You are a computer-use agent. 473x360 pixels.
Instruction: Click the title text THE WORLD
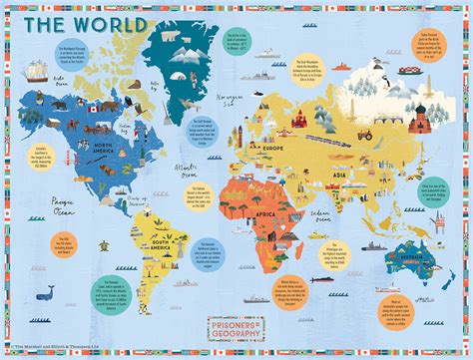(76, 23)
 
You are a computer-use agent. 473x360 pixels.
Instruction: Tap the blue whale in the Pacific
(45, 292)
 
